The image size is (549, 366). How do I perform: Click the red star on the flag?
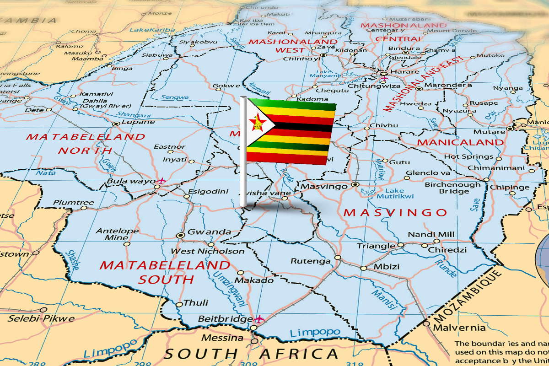(257, 123)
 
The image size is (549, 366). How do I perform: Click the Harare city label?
(405, 72)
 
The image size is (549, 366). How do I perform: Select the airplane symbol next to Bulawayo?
(161, 181)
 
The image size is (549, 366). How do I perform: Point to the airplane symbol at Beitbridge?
(259, 318)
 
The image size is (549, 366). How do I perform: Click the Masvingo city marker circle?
(355, 185)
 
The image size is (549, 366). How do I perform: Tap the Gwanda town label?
(209, 232)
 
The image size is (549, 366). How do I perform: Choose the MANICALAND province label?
(460, 142)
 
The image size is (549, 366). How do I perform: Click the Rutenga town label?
(310, 261)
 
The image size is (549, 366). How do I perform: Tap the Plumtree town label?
(73, 203)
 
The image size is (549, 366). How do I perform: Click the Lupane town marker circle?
(116, 124)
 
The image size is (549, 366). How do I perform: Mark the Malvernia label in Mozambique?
(452, 328)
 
